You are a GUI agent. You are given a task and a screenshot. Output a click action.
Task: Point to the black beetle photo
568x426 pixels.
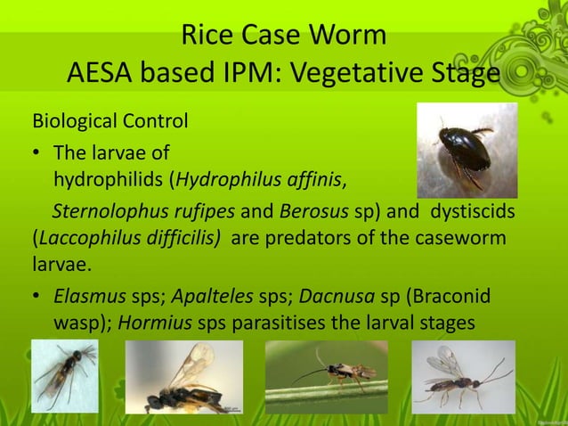tap(467, 151)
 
